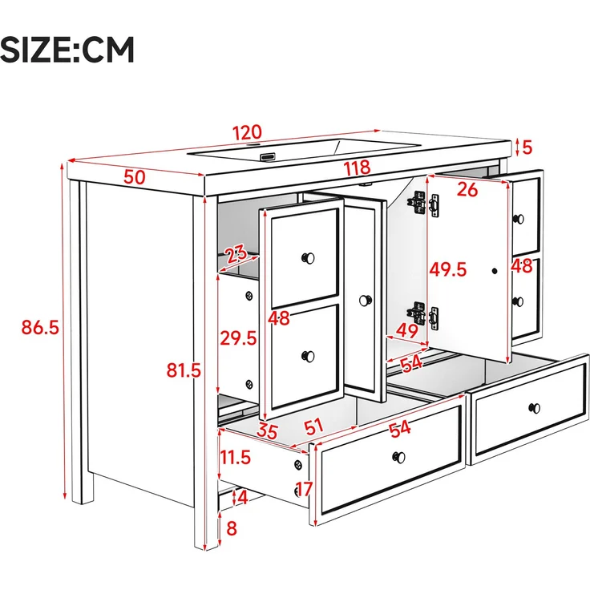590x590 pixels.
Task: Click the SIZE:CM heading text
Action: tap(67, 49)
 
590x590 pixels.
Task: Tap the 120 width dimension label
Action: tap(247, 132)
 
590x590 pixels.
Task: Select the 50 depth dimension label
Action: tap(135, 177)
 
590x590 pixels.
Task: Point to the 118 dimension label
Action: tap(357, 168)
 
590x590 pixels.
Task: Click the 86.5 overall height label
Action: tap(40, 327)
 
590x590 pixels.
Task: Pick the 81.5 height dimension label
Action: tap(184, 370)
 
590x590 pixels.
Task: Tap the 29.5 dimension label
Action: tap(238, 338)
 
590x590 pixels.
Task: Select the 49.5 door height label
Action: tap(448, 269)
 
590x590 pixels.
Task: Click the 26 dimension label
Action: tap(467, 190)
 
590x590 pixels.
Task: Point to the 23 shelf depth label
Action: tap(236, 254)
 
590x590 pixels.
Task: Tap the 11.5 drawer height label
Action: tap(235, 458)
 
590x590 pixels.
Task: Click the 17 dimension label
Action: tap(303, 489)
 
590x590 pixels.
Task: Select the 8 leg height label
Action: tap(232, 528)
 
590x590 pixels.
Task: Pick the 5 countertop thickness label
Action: tap(527, 147)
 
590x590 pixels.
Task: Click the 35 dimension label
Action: tap(267, 431)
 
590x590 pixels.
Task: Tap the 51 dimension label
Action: tap(313, 426)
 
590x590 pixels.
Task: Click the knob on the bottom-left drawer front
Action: tap(399, 458)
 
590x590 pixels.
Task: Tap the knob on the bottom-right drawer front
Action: tap(535, 408)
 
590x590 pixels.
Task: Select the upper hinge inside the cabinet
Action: tap(418, 203)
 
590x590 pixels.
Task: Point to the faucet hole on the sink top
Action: tap(253, 145)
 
